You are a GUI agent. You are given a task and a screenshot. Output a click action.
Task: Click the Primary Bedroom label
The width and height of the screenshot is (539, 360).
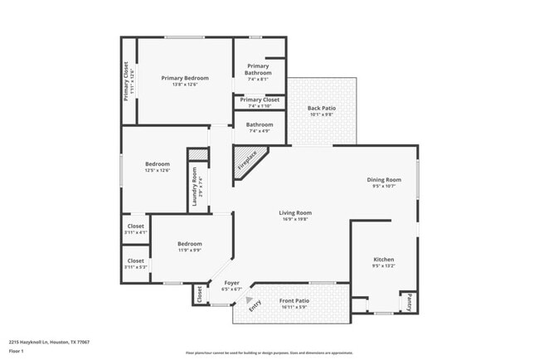184,78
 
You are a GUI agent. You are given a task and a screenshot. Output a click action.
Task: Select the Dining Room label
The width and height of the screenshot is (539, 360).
384,180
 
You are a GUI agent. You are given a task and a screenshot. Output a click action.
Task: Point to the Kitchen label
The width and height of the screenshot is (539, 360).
383,260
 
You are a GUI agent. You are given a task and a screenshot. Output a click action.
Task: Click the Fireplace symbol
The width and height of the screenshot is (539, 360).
248,159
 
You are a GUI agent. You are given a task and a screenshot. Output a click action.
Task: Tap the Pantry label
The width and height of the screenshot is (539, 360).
409,303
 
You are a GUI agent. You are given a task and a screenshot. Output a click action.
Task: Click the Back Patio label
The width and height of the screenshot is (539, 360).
321,109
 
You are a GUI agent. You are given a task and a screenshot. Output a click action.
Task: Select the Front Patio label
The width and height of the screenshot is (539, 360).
294,301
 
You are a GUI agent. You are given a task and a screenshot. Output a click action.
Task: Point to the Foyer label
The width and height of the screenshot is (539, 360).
232,283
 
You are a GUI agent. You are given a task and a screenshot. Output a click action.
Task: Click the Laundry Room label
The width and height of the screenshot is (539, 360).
195,187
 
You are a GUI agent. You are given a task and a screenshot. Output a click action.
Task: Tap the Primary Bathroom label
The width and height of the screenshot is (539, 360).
257,69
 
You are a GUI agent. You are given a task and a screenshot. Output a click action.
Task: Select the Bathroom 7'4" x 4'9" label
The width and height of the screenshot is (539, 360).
259,124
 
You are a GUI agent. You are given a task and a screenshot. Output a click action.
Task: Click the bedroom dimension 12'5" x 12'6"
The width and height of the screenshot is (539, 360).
158,170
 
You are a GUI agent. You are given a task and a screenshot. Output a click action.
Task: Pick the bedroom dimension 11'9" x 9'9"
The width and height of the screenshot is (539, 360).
189,250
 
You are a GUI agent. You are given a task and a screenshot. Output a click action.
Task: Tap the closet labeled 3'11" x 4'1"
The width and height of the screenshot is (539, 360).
136,232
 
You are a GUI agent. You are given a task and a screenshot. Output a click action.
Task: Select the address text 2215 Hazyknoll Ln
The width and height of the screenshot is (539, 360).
50,341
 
